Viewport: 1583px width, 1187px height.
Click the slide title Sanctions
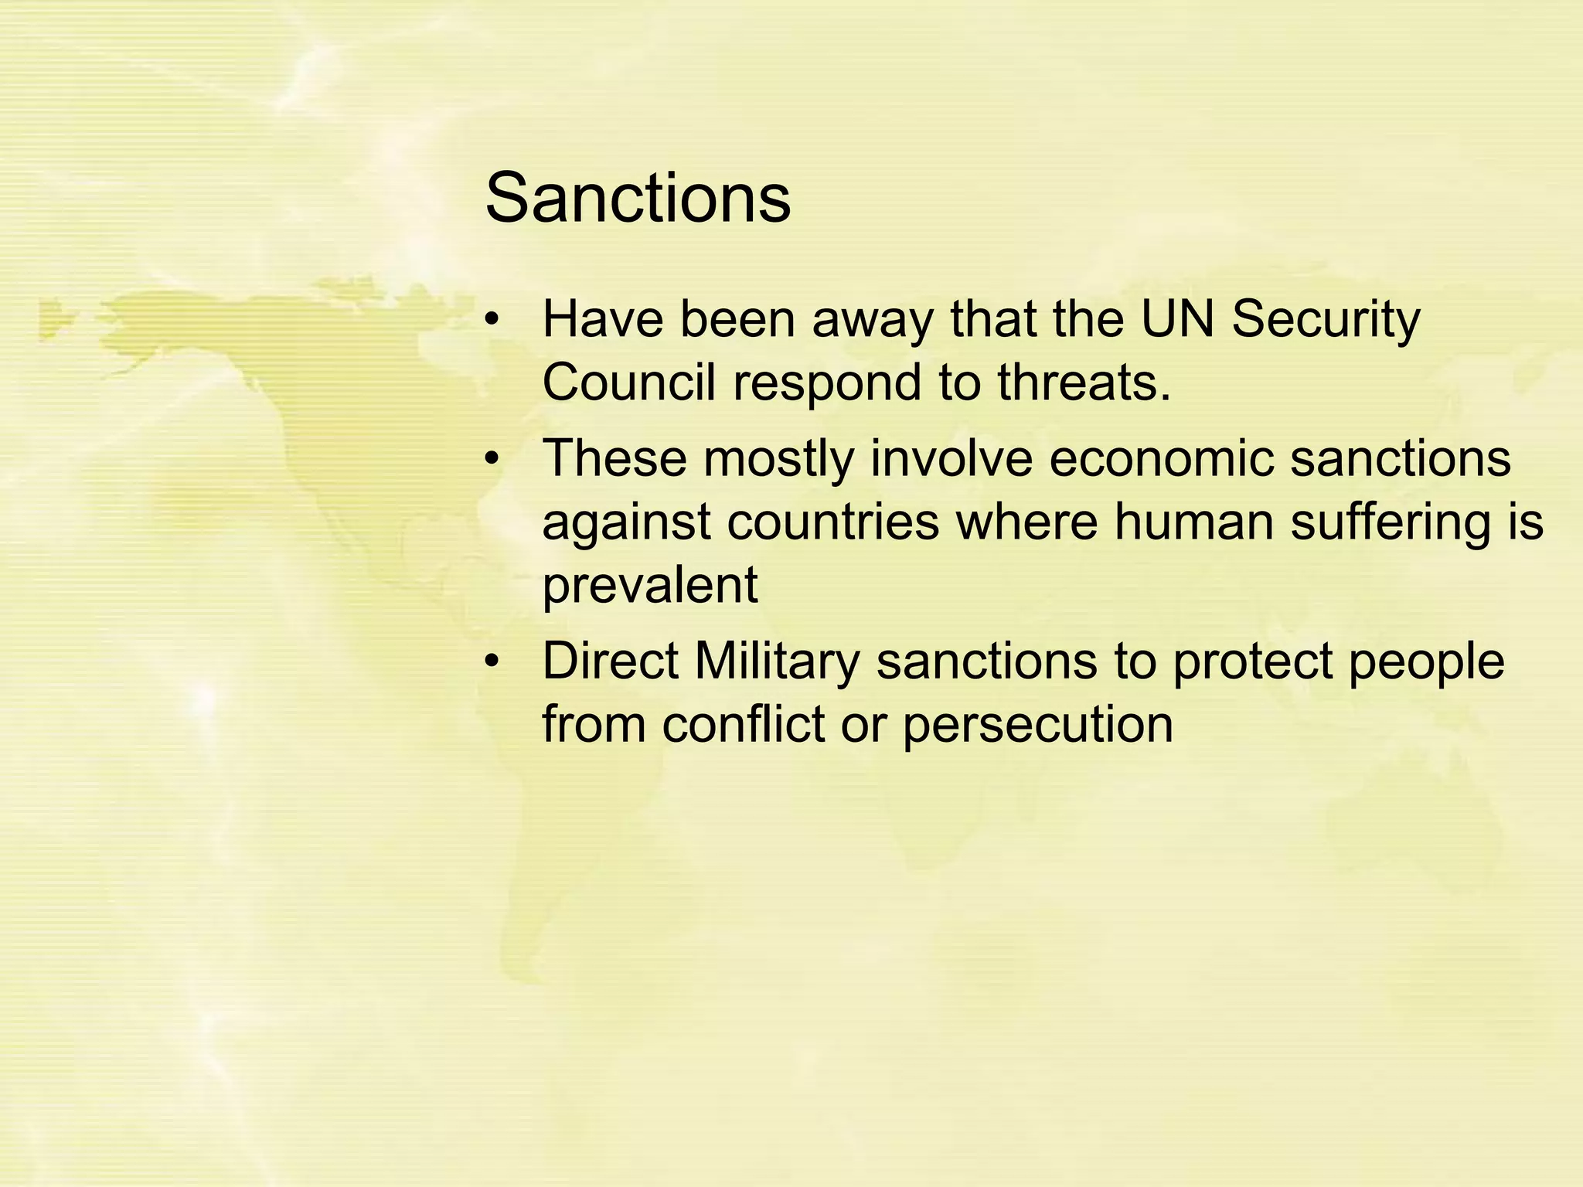638,199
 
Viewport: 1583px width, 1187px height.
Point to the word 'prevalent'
650,587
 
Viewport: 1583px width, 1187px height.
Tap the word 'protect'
1252,663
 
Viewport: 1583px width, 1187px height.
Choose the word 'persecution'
1037,726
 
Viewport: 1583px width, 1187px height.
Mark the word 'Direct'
609,662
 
